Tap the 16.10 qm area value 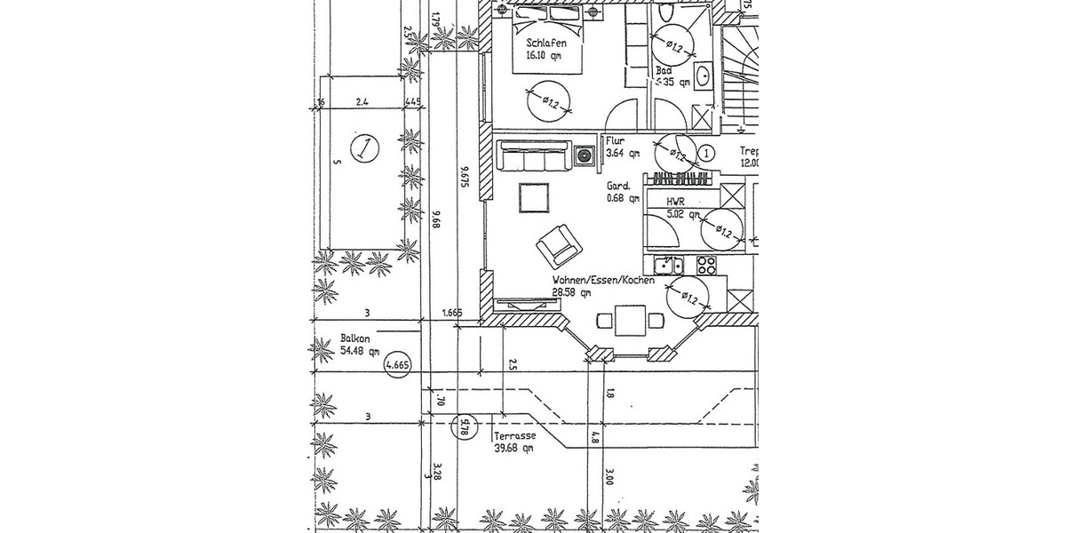point(544,55)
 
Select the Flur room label point(615,140)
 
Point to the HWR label point(677,202)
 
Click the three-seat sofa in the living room point(532,158)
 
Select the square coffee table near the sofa point(534,197)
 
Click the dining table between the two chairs point(632,320)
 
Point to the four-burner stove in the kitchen point(706,264)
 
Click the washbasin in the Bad point(703,75)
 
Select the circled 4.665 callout point(396,364)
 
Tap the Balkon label point(355,338)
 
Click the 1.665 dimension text point(454,313)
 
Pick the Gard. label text point(617,187)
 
